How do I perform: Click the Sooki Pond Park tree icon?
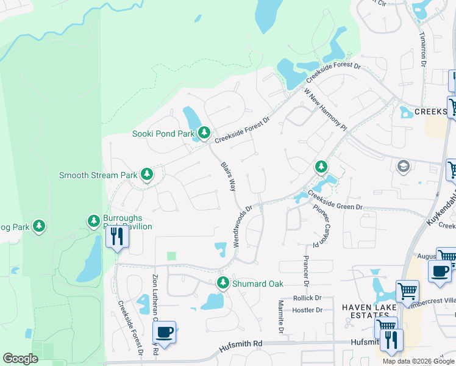pyautogui.click(x=204, y=132)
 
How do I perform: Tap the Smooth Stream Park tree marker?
pyautogui.click(x=147, y=174)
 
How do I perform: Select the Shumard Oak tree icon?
pyautogui.click(x=224, y=282)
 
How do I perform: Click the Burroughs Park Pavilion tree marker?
pyautogui.click(x=93, y=220)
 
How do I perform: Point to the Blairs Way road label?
pyautogui.click(x=227, y=176)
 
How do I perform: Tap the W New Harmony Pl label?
pyautogui.click(x=325, y=110)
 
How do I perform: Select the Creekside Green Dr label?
pyautogui.click(x=335, y=201)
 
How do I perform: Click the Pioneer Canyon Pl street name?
pyautogui.click(x=320, y=226)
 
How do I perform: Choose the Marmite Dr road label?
pyautogui.click(x=281, y=317)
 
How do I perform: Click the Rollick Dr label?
pyautogui.click(x=307, y=298)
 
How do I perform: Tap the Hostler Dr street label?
pyautogui.click(x=307, y=310)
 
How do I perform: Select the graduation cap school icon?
pyautogui.click(x=402, y=166)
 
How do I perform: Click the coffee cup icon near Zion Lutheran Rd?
pyautogui.click(x=164, y=332)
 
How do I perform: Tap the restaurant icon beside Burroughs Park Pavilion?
pyautogui.click(x=117, y=236)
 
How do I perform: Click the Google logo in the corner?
pyautogui.click(x=20, y=359)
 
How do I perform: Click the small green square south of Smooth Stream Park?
pyautogui.click(x=171, y=256)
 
